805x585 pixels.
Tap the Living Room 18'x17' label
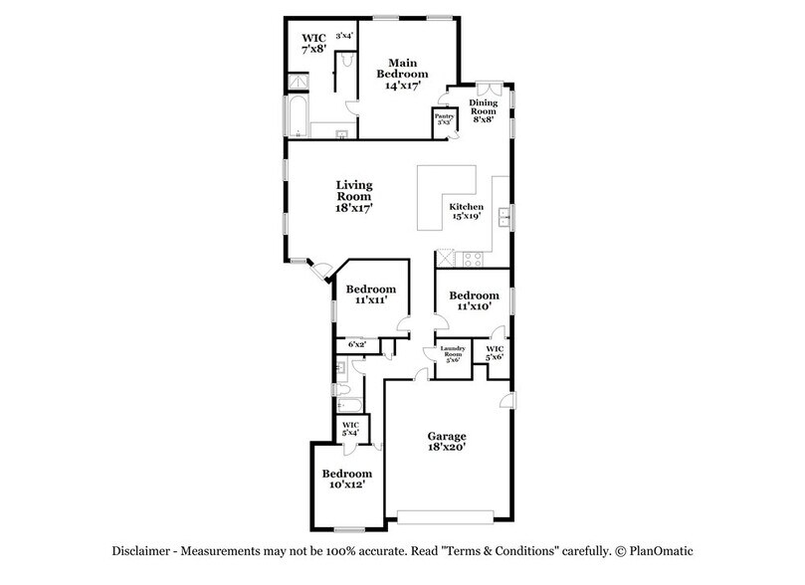352,197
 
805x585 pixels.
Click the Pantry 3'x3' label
443,119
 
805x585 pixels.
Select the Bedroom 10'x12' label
346,480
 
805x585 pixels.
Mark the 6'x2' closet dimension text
357,344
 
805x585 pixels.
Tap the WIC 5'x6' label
495,352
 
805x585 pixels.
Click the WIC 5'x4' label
351,429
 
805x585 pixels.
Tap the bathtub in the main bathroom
297,116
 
